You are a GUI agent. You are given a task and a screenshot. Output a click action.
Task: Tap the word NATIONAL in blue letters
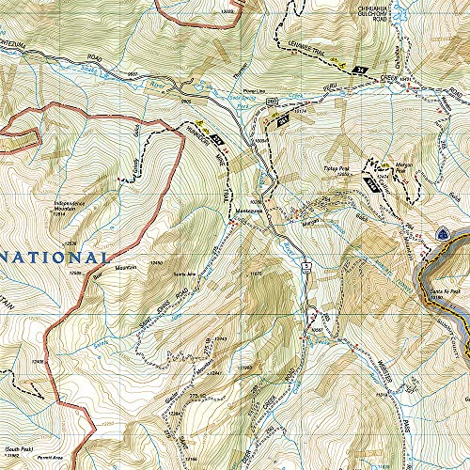click(56, 256)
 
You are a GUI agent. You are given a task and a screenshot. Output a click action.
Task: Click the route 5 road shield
click(306, 268)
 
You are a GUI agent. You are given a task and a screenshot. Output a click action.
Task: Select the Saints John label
click(184, 274)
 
